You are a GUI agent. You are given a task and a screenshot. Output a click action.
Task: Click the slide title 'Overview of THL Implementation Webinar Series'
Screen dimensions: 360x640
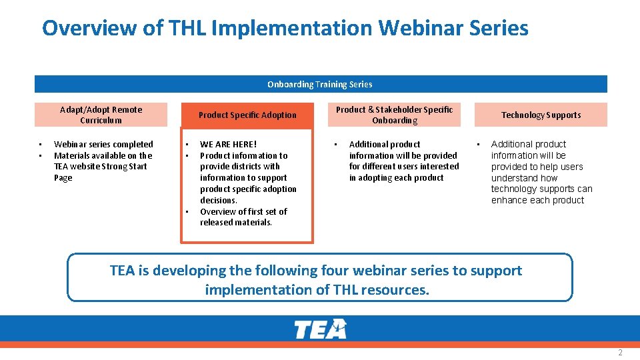pyautogui.click(x=285, y=28)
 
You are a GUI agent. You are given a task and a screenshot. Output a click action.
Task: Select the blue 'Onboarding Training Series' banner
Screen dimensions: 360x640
pyautogui.click(x=320, y=84)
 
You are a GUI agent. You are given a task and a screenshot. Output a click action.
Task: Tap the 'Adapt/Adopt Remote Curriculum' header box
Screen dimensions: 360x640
pyautogui.click(x=101, y=115)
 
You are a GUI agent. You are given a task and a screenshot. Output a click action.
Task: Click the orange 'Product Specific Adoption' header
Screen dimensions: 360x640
pyautogui.click(x=247, y=115)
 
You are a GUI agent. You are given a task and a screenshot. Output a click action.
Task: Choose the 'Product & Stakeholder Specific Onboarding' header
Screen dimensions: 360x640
pyautogui.click(x=394, y=115)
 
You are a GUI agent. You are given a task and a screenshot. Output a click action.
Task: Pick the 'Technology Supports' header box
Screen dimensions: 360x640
pyautogui.click(x=541, y=115)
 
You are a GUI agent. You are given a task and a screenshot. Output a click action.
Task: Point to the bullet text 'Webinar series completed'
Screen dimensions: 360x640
pyautogui.click(x=103, y=144)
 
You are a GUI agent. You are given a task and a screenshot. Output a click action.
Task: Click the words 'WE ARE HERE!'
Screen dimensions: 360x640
pyautogui.click(x=228, y=144)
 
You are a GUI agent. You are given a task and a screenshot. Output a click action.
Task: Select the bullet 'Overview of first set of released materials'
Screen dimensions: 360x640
pyautogui.click(x=243, y=217)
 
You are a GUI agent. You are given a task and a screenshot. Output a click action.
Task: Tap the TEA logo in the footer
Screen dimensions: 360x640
pyautogui.click(x=320, y=329)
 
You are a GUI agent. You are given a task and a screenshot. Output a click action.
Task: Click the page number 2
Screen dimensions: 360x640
pyautogui.click(x=620, y=352)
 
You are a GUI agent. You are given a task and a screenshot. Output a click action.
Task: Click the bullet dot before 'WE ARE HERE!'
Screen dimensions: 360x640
pyautogui.click(x=187, y=144)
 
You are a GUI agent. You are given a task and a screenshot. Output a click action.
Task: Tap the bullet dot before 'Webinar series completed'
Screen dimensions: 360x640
pyautogui.click(x=41, y=144)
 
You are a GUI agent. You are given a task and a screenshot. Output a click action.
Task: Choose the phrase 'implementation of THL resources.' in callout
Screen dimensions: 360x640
pyautogui.click(x=317, y=290)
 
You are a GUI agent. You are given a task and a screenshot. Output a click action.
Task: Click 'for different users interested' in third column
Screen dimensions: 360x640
pyautogui.click(x=404, y=167)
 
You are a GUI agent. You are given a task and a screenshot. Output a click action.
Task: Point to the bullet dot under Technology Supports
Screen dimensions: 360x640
pyautogui.click(x=478, y=144)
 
